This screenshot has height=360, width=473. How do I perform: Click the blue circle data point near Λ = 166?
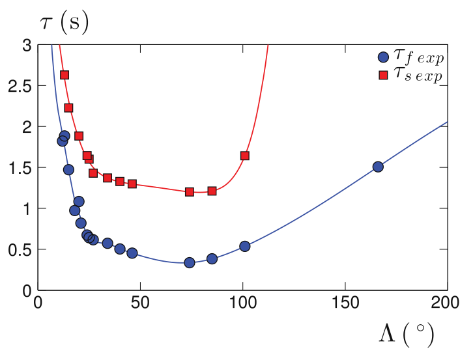coord(378,167)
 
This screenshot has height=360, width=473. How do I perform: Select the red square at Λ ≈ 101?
coord(245,156)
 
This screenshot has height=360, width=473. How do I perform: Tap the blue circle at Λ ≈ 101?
coord(245,246)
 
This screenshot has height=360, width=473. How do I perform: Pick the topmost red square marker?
coord(64,75)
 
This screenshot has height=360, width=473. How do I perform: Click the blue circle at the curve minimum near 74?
coord(190,262)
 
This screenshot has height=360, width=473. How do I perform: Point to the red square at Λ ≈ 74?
coord(190,192)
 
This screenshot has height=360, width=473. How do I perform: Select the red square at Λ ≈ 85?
coord(212,191)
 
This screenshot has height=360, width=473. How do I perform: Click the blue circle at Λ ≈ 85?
coord(212,258)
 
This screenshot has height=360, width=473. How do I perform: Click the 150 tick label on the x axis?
coord(345,303)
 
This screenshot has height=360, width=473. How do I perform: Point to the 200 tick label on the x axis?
coord(447,303)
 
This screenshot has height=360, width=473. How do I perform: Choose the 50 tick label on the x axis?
coord(140,303)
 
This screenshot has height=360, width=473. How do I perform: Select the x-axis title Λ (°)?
coord(405,335)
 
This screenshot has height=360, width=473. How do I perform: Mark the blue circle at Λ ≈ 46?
coord(132,253)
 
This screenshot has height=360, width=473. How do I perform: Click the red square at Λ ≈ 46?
coord(132,184)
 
